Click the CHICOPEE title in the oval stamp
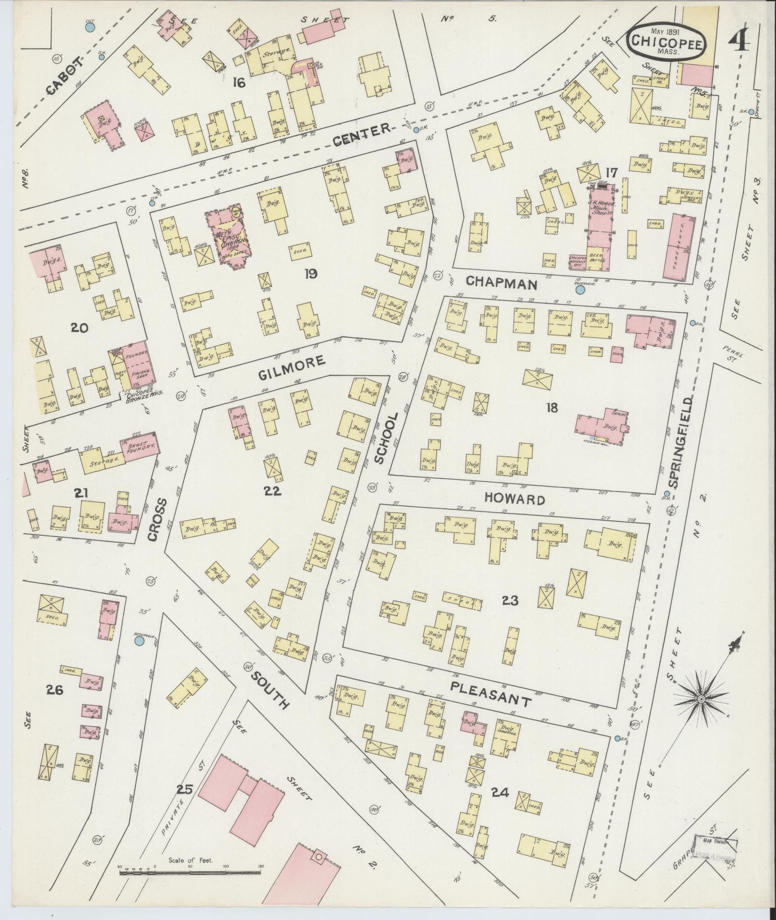(665, 40)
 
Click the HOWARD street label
(515, 500)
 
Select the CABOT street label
(63, 77)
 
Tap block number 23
(509, 601)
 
